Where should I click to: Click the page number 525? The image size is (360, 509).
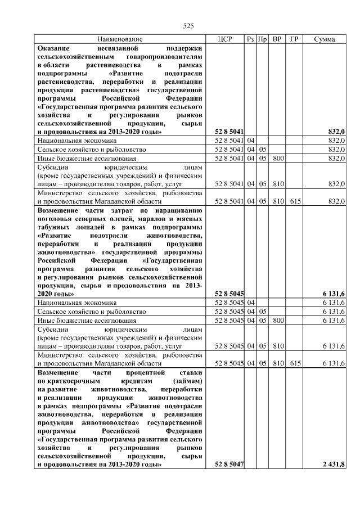coord(188,26)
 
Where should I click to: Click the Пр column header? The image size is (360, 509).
coord(262,39)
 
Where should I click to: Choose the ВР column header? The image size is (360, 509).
coord(277,39)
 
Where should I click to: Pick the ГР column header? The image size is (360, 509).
coord(294,39)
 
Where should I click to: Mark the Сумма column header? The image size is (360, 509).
coord(325,39)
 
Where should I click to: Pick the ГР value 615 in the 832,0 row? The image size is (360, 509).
coord(294,201)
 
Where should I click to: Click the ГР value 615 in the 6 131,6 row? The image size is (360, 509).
coord(294,363)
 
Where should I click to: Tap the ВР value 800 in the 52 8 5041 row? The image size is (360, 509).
coord(277,159)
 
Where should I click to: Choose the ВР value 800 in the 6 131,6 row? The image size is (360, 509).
coord(277,321)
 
